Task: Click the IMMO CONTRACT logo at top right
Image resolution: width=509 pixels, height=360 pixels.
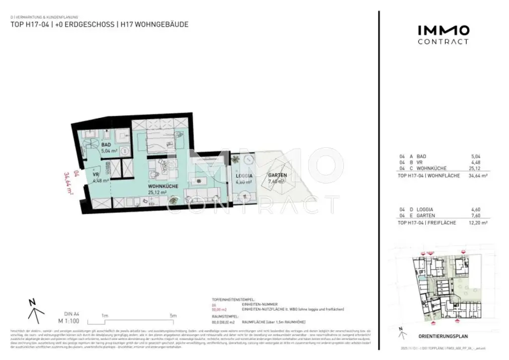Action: click(x=442, y=34)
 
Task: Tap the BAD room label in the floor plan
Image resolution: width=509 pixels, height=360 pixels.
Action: click(x=106, y=145)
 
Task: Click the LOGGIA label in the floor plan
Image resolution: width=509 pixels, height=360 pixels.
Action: click(x=244, y=176)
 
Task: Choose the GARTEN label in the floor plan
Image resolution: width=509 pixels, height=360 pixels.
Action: click(x=277, y=176)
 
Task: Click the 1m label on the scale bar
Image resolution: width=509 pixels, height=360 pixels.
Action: click(x=105, y=315)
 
